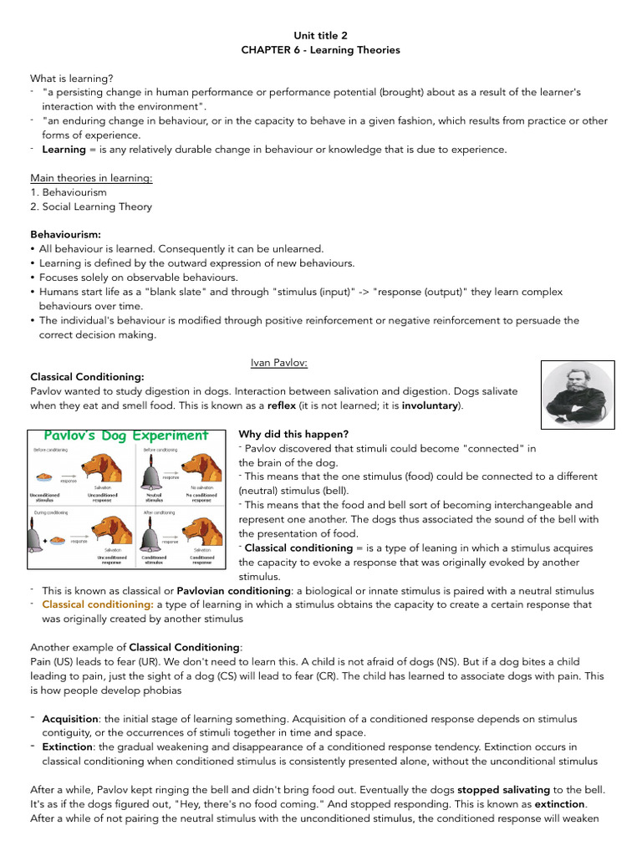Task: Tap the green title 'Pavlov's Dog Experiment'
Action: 126,436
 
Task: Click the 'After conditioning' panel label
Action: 160,512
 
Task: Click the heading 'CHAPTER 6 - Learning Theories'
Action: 320,50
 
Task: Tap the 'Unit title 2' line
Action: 320,36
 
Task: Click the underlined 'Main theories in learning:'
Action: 91,178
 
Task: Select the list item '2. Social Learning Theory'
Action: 91,206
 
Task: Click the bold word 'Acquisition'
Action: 70,719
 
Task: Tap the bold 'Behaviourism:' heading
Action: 65,235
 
